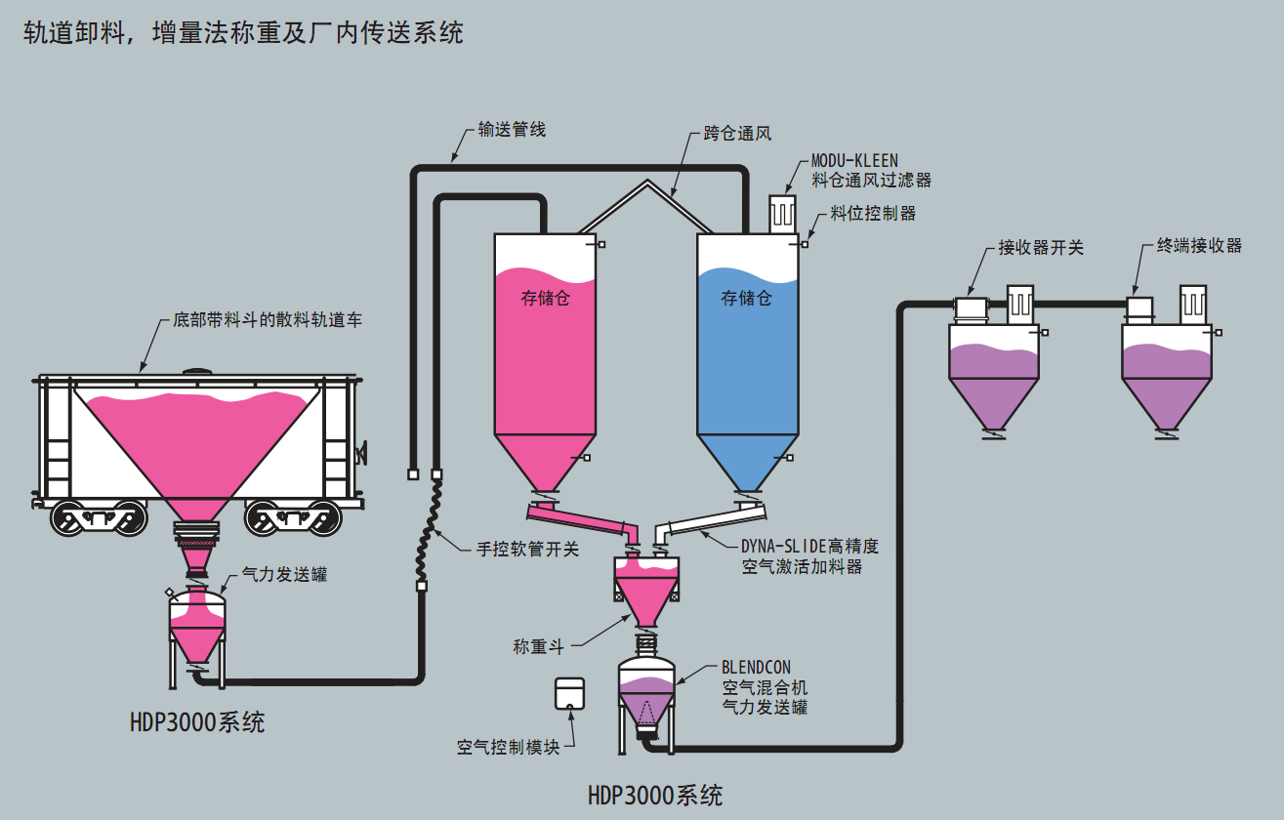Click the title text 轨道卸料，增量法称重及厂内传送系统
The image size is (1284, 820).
(x=243, y=33)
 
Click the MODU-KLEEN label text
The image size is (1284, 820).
(x=854, y=160)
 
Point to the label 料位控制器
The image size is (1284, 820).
(x=873, y=213)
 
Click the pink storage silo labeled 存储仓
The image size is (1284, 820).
(x=545, y=351)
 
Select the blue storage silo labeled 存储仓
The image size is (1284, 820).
(x=747, y=351)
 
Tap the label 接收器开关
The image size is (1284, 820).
(x=1041, y=247)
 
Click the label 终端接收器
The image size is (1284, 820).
(x=1200, y=246)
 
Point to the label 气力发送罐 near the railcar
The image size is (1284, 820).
(x=284, y=575)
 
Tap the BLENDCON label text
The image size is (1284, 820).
(x=756, y=668)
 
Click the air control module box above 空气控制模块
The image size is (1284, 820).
(x=568, y=693)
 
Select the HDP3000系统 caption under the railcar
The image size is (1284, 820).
(x=197, y=723)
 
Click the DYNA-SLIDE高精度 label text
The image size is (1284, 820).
(x=809, y=547)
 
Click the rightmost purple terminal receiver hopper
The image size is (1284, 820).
(x=1165, y=376)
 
